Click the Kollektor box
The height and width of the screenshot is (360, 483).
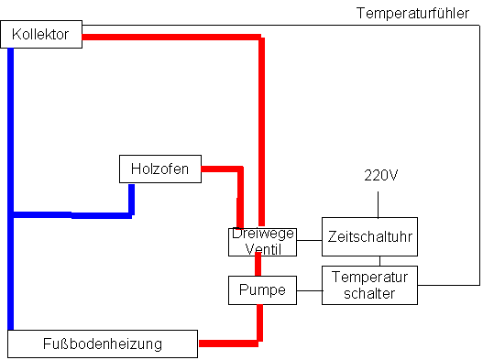click(41, 35)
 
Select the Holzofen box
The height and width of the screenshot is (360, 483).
click(159, 169)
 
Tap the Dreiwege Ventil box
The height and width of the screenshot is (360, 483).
click(262, 242)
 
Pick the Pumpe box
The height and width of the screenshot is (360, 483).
click(262, 290)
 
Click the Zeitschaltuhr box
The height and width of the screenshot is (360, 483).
click(369, 235)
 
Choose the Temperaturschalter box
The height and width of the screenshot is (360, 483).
click(369, 284)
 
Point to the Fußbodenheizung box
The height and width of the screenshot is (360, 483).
click(102, 344)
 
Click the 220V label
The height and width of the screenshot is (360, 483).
click(381, 175)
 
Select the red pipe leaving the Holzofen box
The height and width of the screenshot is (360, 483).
click(221, 169)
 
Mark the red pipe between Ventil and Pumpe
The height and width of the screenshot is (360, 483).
click(258, 266)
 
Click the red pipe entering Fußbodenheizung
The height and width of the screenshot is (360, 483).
click(229, 344)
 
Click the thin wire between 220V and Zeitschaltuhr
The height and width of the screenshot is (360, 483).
click(381, 202)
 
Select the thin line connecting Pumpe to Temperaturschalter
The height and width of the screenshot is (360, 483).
click(309, 291)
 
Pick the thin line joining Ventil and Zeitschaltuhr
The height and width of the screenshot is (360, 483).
click(309, 240)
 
